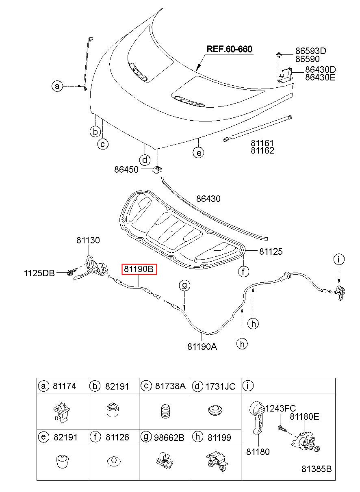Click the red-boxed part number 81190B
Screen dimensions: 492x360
tap(139, 269)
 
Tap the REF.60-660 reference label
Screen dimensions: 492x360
tap(230, 49)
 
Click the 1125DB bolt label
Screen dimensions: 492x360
tap(39, 273)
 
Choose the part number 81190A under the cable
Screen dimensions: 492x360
tap(202, 347)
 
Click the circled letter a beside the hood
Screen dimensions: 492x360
tap(58, 86)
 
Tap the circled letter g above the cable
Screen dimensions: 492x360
tap(184, 286)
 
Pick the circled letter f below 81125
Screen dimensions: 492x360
tap(243, 271)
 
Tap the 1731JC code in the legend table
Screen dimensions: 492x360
tap(220, 386)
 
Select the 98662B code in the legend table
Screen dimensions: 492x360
tap(169, 437)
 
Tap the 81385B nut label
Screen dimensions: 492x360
tap(317, 469)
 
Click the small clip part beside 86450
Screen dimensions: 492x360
tap(157, 169)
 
